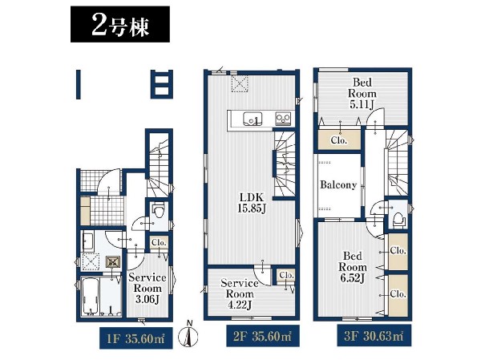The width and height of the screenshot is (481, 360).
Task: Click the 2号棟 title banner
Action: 120,24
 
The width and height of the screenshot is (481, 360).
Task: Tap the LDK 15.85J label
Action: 251,203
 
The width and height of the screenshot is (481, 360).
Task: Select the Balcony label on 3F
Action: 338,184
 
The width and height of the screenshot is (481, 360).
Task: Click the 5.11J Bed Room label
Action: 362,93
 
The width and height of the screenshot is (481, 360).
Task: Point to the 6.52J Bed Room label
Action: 353,267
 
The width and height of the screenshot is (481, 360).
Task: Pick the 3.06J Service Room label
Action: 148,289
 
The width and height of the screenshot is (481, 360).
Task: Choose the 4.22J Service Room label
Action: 240,294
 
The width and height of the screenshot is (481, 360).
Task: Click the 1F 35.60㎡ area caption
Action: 136,338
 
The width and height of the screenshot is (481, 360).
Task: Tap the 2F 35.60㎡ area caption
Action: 263,336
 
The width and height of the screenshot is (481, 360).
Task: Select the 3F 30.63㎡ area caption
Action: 374,336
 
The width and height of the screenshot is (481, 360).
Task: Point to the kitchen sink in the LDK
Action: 253,119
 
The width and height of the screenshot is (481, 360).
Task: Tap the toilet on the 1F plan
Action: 158,210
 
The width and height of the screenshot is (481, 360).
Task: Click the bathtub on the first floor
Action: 91,297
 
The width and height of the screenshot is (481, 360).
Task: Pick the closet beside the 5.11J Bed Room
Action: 339,140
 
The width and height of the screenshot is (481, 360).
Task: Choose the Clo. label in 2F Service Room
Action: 287,275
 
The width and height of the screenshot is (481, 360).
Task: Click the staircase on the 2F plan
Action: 285,164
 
